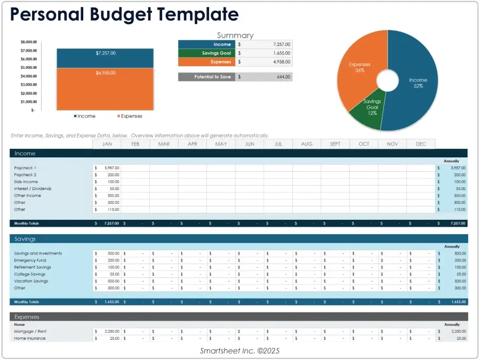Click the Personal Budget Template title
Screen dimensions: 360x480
(x=124, y=14)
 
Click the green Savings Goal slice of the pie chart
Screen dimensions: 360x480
(x=366, y=109)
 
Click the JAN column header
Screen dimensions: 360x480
(x=107, y=144)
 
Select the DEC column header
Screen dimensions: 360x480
(x=420, y=144)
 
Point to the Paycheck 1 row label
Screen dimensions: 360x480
(x=25, y=168)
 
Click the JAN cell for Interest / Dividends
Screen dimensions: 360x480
(x=108, y=189)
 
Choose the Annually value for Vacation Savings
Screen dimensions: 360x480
(x=452, y=281)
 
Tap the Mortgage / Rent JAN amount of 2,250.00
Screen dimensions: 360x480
(x=110, y=331)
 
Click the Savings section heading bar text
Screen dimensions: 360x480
(x=25, y=239)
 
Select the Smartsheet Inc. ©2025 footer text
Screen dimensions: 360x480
(x=239, y=350)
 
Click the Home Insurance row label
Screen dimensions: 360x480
(x=30, y=338)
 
